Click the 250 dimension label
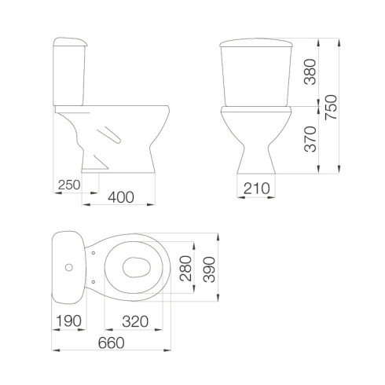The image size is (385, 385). pyautogui.click(x=69, y=185)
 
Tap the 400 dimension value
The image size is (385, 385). pyautogui.click(x=121, y=197)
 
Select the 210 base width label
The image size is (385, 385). pyautogui.click(x=256, y=189)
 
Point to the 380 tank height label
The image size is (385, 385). pyautogui.click(x=310, y=71)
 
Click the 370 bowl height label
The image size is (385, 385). pyautogui.click(x=310, y=139)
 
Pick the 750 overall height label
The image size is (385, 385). pyautogui.click(x=331, y=108)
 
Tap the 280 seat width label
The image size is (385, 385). pyautogui.click(x=185, y=269)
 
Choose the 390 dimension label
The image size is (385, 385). pyautogui.click(x=209, y=269)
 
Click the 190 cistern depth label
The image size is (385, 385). pyautogui.click(x=68, y=321)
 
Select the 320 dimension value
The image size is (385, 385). pyautogui.click(x=135, y=321)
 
